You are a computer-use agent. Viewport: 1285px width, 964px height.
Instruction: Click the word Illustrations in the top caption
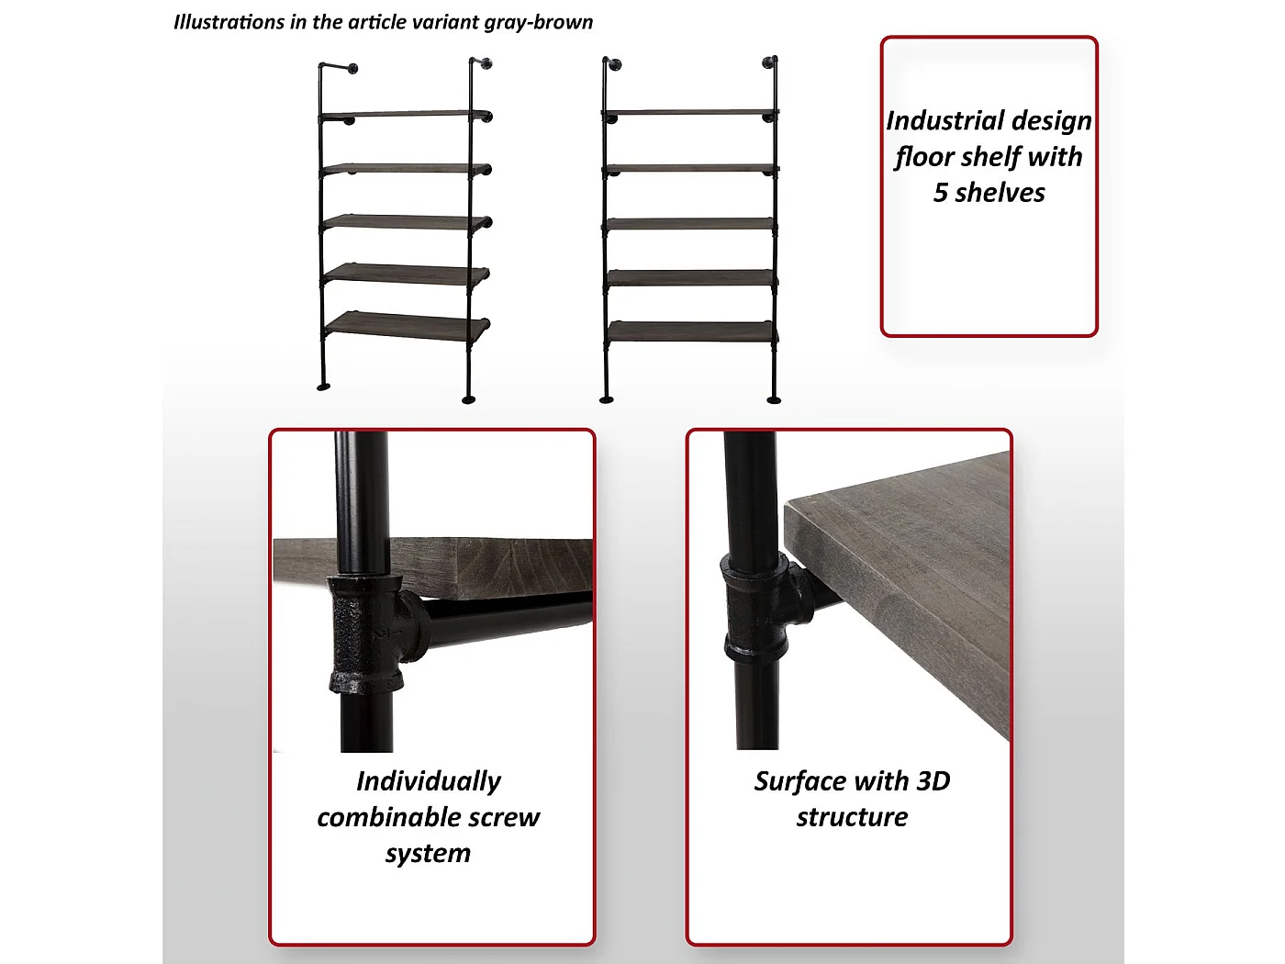tap(229, 22)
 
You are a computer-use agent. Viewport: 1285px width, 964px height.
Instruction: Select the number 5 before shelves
tap(940, 193)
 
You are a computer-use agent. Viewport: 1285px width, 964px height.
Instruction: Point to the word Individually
tap(429, 781)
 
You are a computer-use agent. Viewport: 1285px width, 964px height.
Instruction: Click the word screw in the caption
tap(505, 818)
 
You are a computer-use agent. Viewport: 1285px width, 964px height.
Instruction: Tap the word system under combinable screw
tap(428, 854)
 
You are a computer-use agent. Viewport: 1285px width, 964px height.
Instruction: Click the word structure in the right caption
tap(852, 817)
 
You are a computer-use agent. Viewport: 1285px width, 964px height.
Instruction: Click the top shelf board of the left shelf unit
tap(405, 114)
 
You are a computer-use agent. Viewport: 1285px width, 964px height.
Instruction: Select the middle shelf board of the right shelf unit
tap(691, 223)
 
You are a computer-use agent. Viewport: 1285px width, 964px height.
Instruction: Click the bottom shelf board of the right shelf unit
tap(691, 331)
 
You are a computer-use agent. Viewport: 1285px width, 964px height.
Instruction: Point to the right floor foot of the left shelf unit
tap(469, 399)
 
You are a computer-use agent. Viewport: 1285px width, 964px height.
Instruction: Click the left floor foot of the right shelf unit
tap(607, 399)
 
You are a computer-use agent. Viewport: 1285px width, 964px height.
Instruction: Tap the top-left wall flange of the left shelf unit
tap(353, 69)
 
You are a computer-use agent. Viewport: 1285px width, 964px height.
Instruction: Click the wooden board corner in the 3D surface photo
tap(787, 504)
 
